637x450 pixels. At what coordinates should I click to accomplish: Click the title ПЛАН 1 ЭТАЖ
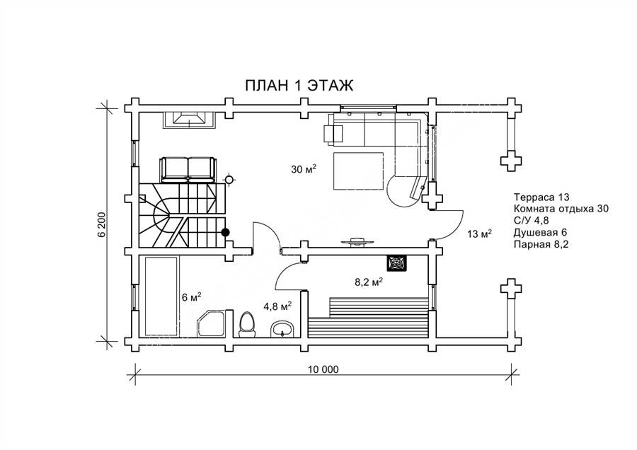point(299,86)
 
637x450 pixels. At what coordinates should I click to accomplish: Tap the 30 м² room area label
point(304,169)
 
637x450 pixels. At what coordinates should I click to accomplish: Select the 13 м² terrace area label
point(480,233)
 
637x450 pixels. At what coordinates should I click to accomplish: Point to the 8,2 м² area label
point(369,282)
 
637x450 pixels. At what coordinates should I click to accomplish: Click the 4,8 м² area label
point(278,306)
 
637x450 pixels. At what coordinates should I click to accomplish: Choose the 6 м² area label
point(191,297)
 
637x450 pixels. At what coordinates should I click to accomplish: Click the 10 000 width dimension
point(323,369)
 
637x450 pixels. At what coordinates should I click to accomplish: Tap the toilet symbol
point(246,325)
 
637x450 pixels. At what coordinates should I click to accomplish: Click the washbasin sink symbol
point(282,328)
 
